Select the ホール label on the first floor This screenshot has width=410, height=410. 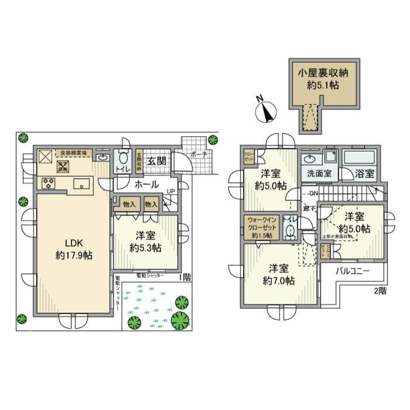(147, 184)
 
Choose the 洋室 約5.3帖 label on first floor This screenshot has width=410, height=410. (145, 241)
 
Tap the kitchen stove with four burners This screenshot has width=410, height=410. (48, 184)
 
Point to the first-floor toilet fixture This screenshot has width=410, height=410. (124, 158)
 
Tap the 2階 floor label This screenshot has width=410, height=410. (380, 291)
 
